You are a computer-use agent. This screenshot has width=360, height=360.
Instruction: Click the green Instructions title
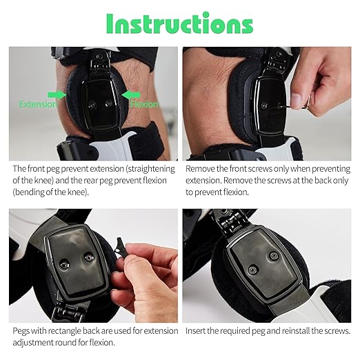click(x=179, y=23)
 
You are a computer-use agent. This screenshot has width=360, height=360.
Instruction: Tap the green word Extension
click(x=38, y=104)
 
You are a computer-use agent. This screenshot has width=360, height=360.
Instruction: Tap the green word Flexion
click(x=145, y=104)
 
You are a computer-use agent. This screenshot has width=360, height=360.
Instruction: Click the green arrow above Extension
click(x=57, y=94)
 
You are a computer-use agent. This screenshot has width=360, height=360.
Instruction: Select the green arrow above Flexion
click(x=131, y=94)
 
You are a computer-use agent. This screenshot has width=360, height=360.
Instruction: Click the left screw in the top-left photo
click(x=92, y=105)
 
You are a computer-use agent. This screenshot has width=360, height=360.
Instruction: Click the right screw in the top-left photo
click(x=109, y=103)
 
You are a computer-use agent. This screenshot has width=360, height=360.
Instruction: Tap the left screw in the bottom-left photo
click(x=64, y=264)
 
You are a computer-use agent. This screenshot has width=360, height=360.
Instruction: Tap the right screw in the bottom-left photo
click(x=89, y=257)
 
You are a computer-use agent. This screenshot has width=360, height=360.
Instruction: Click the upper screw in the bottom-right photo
click(x=274, y=255)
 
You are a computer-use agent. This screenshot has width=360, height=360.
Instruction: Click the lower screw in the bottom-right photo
click(x=252, y=270)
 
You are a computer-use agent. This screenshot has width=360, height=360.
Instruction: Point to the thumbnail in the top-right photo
click(x=296, y=100)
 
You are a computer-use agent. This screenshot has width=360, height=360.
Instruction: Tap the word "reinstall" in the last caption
click(x=296, y=331)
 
